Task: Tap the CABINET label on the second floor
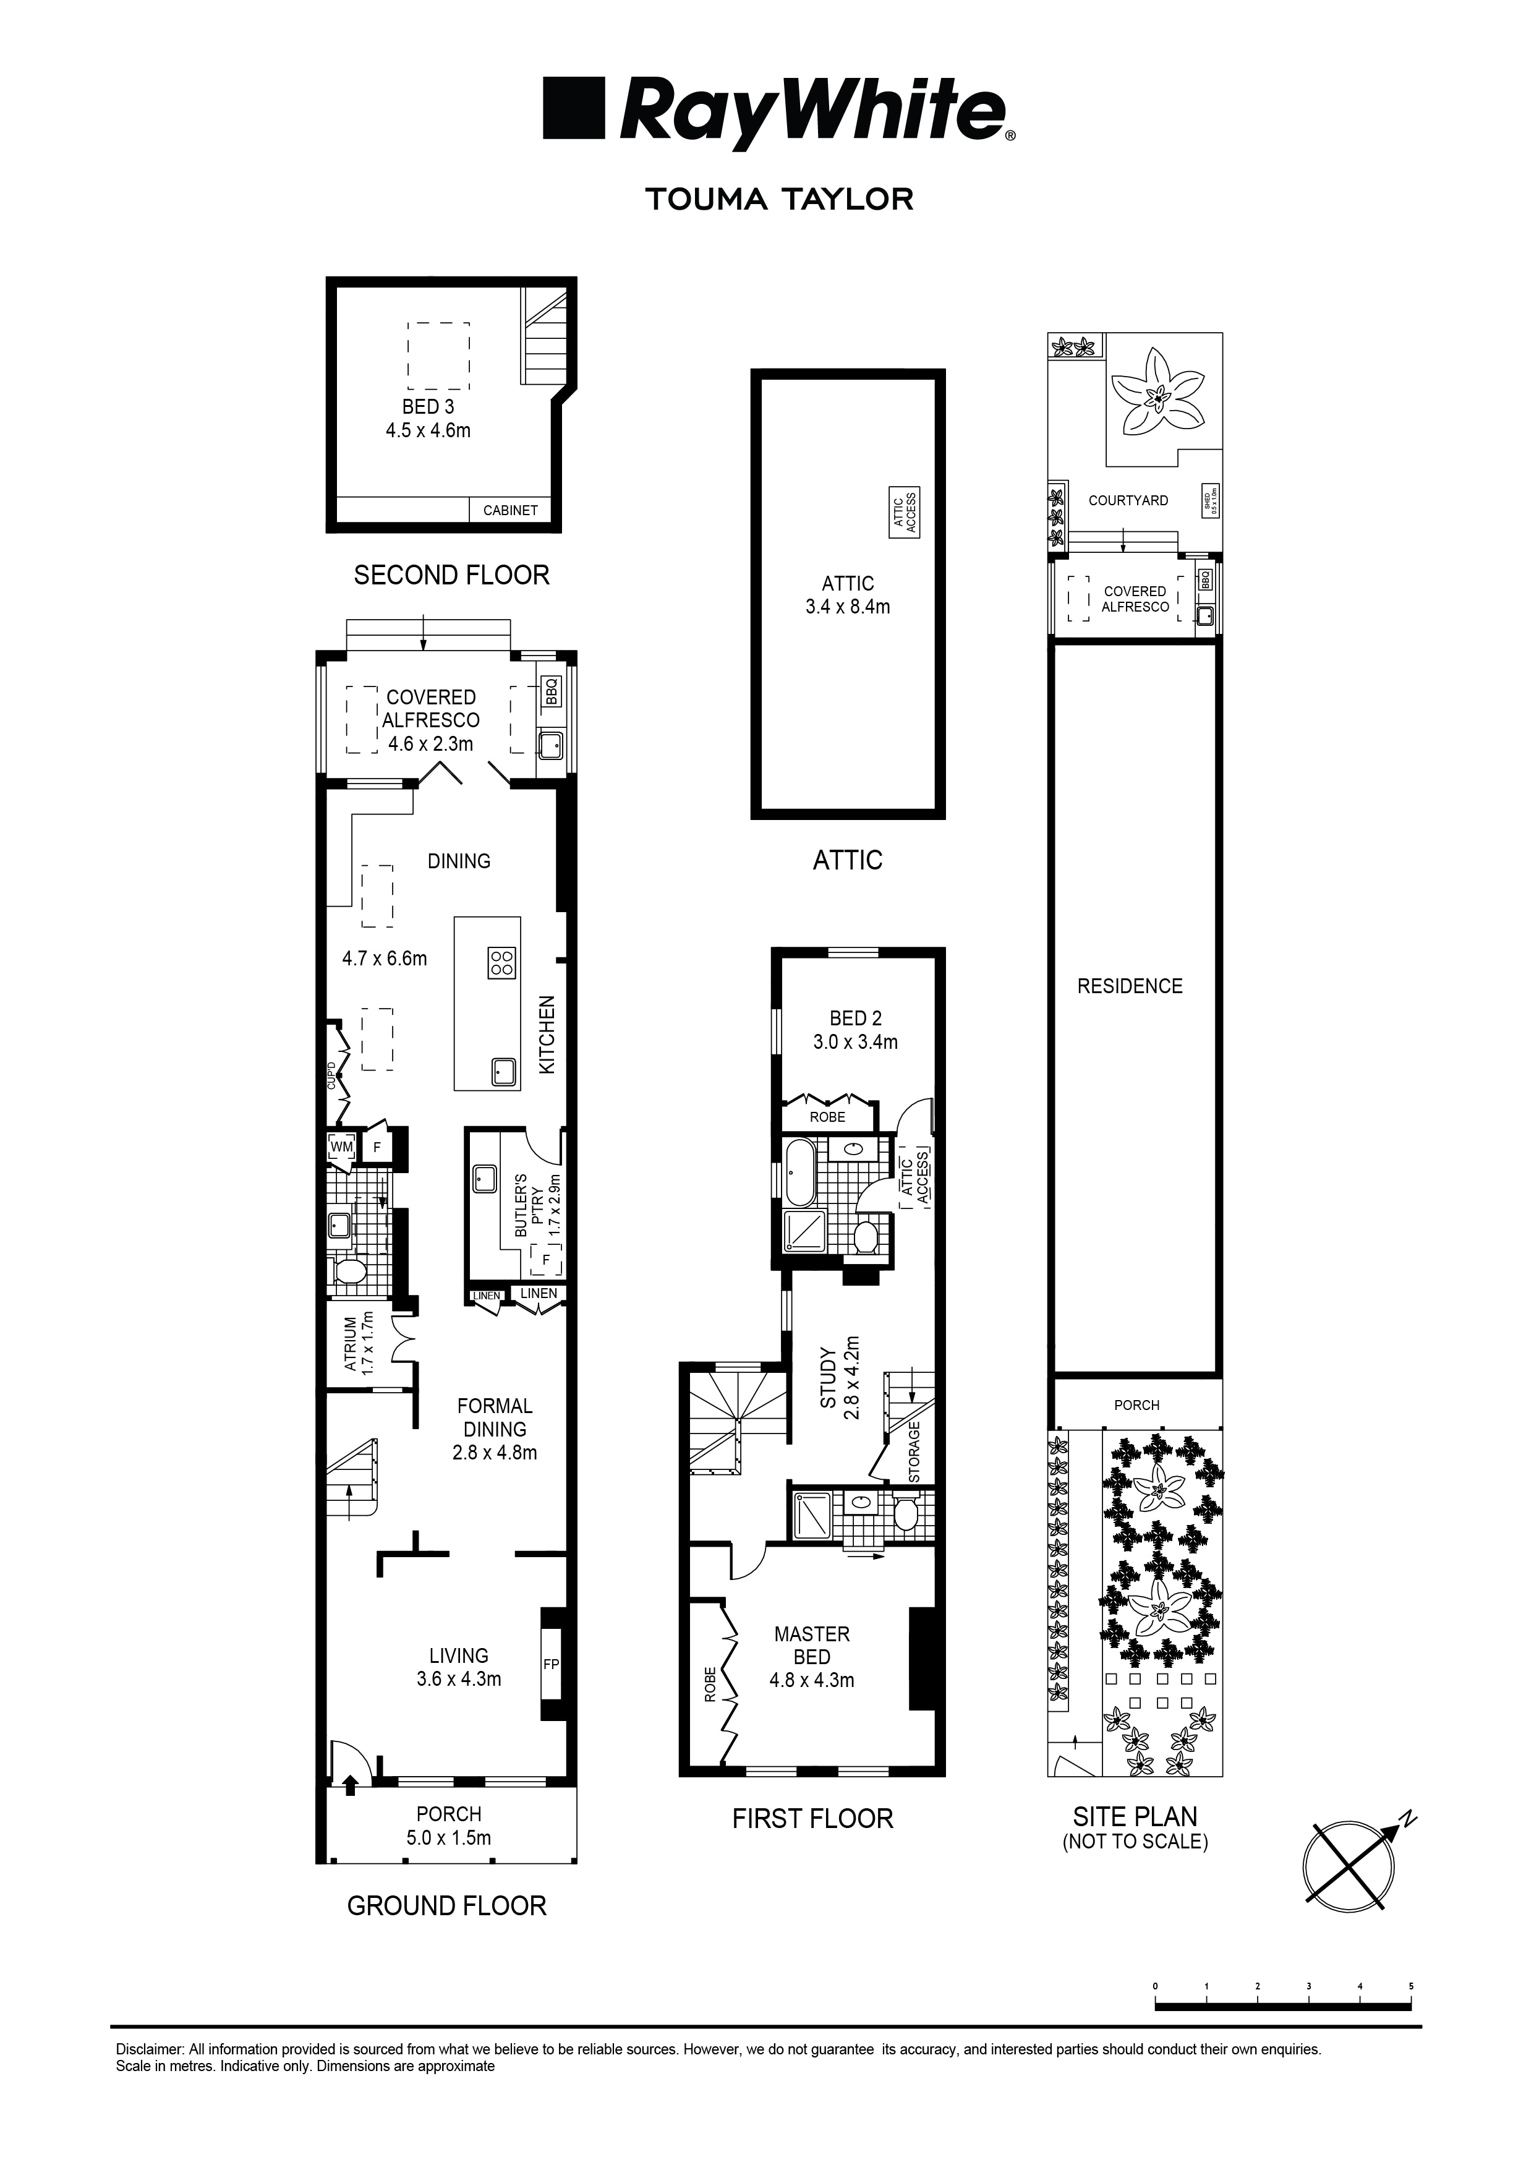pyautogui.click(x=510, y=510)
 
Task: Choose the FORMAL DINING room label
pyautogui.click(x=494, y=1417)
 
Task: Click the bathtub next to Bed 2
pyautogui.click(x=799, y=1171)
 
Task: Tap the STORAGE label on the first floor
pyautogui.click(x=914, y=1451)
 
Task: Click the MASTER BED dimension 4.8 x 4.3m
pyautogui.click(x=812, y=1680)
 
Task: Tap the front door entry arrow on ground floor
pyautogui.click(x=350, y=1783)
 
